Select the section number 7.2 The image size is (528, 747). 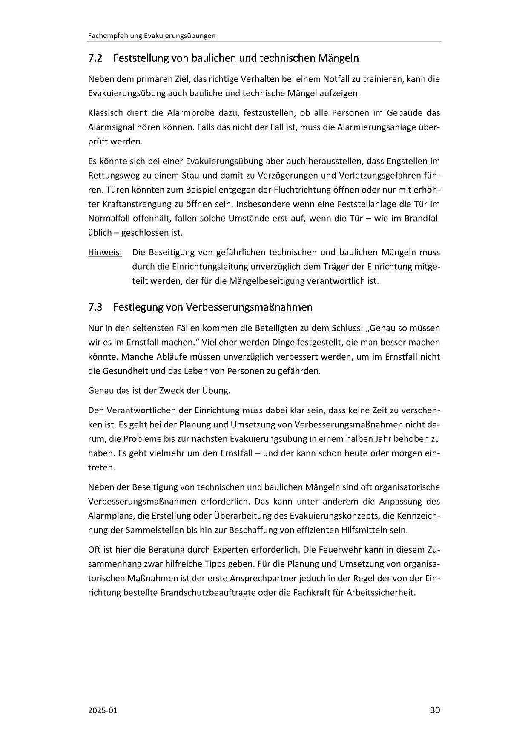95,58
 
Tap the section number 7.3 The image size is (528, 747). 95,307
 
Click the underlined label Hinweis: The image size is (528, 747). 105,252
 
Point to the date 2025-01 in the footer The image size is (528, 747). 102,710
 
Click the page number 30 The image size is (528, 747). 435,710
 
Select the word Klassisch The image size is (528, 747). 104,113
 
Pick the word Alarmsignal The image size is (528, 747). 109,127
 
